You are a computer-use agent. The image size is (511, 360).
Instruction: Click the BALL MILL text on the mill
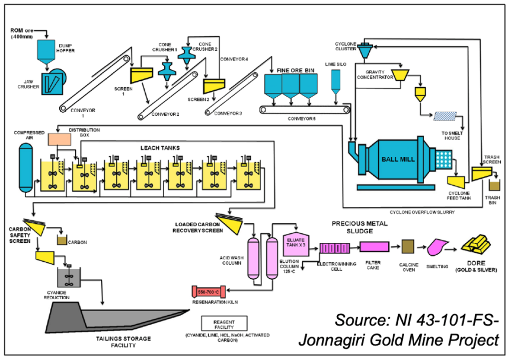pyautogui.click(x=398, y=159)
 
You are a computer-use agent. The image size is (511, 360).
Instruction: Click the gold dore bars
pyautogui.click(x=478, y=244)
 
